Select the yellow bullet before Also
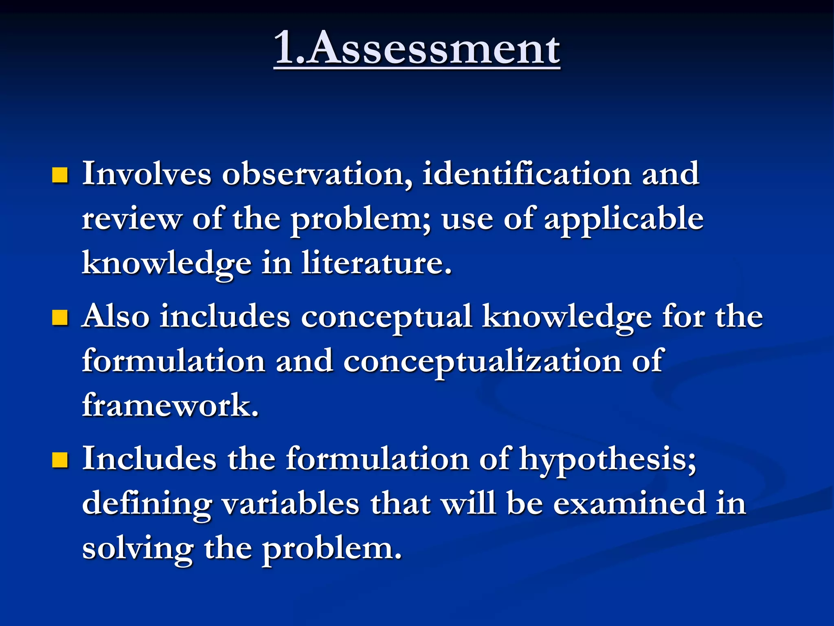[x=60, y=317]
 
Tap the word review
[x=132, y=219]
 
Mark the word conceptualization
[x=482, y=362]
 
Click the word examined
[x=630, y=504]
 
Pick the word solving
[x=138, y=549]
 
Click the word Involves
[x=147, y=174]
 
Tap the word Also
[x=116, y=317]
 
